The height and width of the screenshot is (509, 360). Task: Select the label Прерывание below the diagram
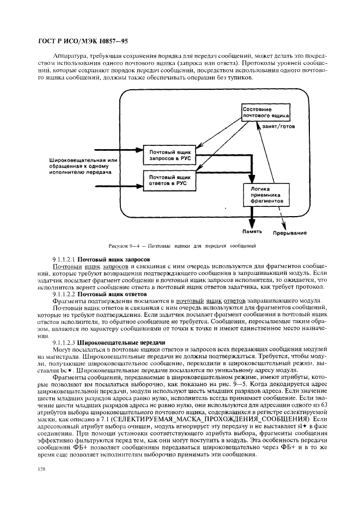(x=289, y=233)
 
